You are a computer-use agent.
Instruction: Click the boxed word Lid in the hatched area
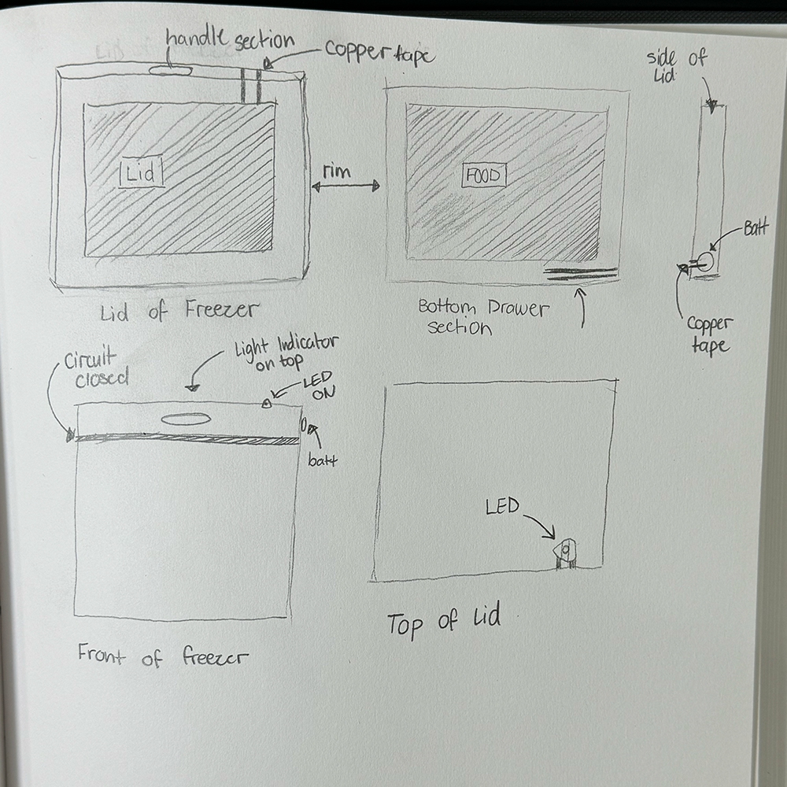(x=142, y=172)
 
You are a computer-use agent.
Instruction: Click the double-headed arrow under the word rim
(x=345, y=187)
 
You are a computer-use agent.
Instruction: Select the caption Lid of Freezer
(x=179, y=312)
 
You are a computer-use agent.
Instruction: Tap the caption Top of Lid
(x=443, y=621)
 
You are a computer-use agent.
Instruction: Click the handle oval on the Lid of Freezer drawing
(x=170, y=71)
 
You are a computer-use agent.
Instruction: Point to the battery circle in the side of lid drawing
(x=705, y=261)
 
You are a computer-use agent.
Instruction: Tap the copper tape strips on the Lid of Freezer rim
(x=250, y=86)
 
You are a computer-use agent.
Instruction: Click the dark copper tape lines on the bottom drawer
(x=581, y=273)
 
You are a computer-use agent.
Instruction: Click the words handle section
(x=230, y=40)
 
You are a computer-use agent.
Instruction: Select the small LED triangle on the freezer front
(x=266, y=404)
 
